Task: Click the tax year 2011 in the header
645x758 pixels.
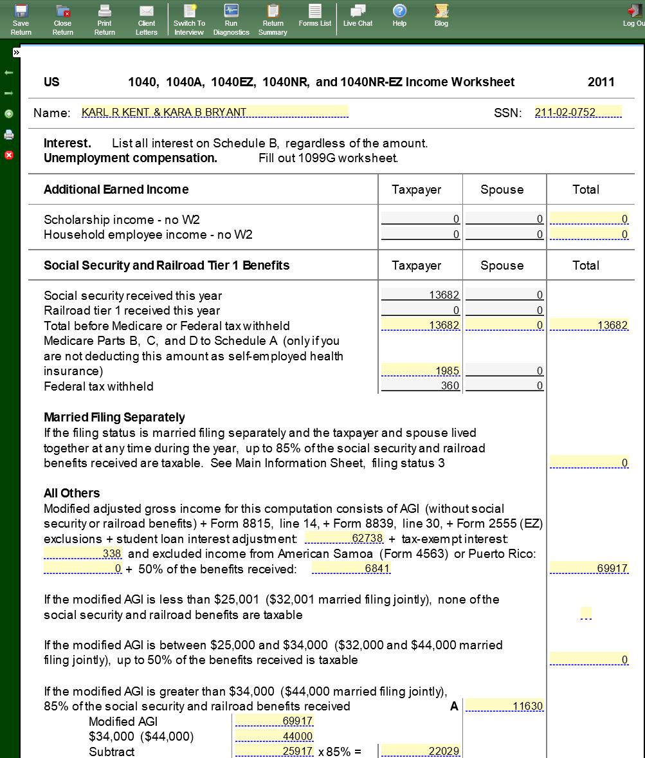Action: click(x=601, y=82)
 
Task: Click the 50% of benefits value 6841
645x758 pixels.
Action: click(x=351, y=569)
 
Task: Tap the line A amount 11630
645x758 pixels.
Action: click(x=504, y=706)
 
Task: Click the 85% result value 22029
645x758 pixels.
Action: click(x=421, y=752)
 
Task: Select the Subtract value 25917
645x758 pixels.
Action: click(x=275, y=752)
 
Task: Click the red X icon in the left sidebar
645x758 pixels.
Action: click(x=9, y=155)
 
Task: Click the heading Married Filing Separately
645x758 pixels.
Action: click(x=114, y=417)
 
